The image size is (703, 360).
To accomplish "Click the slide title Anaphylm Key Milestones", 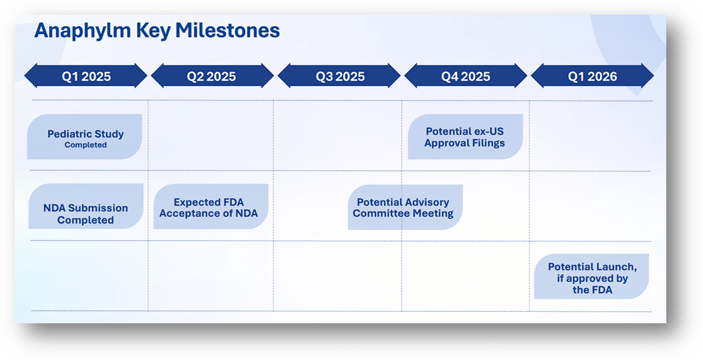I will [x=157, y=31].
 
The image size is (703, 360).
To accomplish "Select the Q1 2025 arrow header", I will [x=86, y=76].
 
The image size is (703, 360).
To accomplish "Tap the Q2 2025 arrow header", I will [x=212, y=76].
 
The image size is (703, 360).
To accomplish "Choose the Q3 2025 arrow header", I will [x=340, y=76].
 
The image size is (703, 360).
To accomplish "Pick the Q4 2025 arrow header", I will [x=466, y=76].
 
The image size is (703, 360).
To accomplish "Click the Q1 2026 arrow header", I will [x=593, y=76].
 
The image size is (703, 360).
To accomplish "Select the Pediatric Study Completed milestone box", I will [x=85, y=137].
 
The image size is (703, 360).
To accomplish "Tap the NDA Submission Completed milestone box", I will [x=85, y=207].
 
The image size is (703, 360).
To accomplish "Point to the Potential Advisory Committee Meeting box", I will [x=404, y=208].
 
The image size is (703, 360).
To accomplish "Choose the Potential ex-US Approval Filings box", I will [x=465, y=137].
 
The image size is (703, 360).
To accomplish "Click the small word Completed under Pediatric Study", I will [x=86, y=145].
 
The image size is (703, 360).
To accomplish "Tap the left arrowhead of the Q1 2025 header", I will [x=30, y=76].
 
